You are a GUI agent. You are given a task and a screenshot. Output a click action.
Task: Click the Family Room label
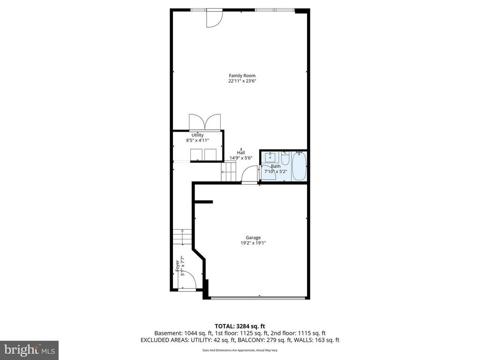point(242,75)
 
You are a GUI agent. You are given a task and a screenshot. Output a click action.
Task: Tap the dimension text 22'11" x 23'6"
point(242,81)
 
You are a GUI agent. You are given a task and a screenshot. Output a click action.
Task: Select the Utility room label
point(197,135)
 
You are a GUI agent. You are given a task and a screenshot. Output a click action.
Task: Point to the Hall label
point(241,153)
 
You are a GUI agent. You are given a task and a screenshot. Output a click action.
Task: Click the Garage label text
point(253,238)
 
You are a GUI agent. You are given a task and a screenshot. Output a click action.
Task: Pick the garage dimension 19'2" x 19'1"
point(253,243)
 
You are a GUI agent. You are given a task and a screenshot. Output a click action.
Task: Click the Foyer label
point(177,266)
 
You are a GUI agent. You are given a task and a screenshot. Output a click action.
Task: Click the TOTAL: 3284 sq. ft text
point(240,326)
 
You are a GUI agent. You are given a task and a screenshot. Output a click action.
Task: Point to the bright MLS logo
point(29,349)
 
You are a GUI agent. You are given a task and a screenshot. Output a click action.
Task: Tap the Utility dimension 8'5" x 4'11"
point(197,140)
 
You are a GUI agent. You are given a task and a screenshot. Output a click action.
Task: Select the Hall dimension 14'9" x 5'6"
point(241,158)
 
